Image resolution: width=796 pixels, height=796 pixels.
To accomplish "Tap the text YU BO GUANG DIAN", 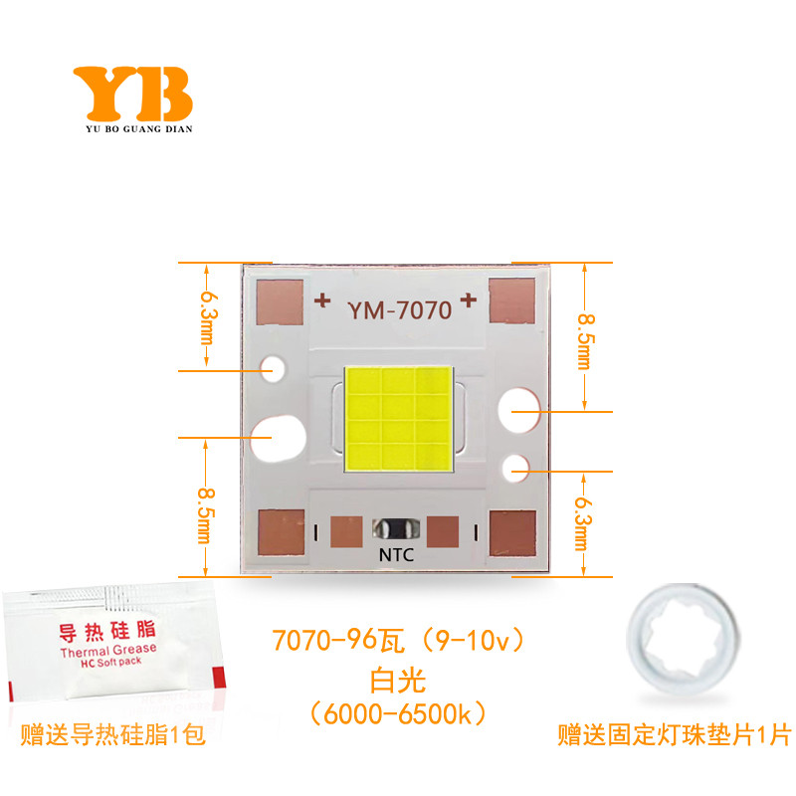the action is pyautogui.click(x=132, y=128).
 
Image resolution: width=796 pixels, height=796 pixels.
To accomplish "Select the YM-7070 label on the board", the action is pyautogui.click(x=399, y=309).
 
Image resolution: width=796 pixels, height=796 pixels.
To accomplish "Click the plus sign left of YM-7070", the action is pyautogui.click(x=322, y=298).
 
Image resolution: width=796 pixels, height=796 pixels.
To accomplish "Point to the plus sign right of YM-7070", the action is pyautogui.click(x=469, y=298).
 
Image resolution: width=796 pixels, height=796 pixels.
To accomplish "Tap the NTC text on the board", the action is pyautogui.click(x=394, y=556).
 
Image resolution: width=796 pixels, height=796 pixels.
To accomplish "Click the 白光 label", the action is pyautogui.click(x=397, y=682).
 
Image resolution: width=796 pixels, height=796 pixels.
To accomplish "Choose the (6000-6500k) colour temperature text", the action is pyautogui.click(x=397, y=714).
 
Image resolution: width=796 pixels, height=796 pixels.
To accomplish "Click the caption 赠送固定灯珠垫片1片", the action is pyautogui.click(x=674, y=737).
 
